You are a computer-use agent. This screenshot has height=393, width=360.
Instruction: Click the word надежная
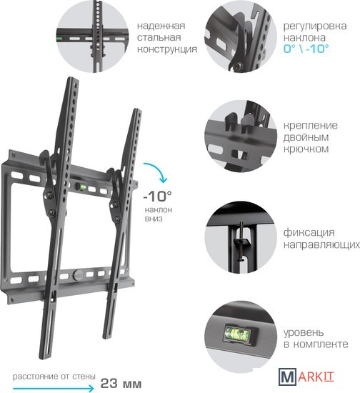pyautogui.click(x=161, y=26)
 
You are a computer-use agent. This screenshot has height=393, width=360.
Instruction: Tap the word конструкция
pyautogui.click(x=167, y=49)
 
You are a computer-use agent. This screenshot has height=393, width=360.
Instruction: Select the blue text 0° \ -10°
pyautogui.click(x=306, y=49)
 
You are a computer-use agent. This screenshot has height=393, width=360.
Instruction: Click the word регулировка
pyautogui.click(x=315, y=26)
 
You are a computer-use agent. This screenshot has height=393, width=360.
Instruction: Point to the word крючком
pyautogui.click(x=306, y=149)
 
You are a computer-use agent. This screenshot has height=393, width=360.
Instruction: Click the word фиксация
pyautogui.click(x=309, y=233)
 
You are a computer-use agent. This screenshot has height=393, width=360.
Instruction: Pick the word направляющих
pyautogui.click(x=321, y=244)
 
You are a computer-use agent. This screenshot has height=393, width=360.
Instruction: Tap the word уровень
pyautogui.click(x=304, y=333)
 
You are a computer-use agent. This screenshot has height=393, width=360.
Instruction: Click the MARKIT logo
pyautogui.click(x=306, y=377)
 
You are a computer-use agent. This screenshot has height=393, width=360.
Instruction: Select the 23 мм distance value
pyautogui.click(x=121, y=383)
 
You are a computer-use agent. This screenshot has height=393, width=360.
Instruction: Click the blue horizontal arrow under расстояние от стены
pyautogui.click(x=54, y=389)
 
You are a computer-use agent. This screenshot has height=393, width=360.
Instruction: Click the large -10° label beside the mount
pyautogui.click(x=157, y=196)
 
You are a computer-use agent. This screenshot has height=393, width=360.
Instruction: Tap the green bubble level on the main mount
pyautogui.click(x=81, y=186)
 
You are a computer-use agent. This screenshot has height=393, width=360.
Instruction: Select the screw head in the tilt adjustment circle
pyautogui.click(x=237, y=66)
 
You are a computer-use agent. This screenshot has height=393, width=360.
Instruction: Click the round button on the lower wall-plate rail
pyautogui.click(x=78, y=274)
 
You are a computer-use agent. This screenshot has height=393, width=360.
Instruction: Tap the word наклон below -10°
pyautogui.click(x=159, y=210)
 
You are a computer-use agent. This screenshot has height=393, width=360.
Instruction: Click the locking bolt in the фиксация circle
pyautogui.click(x=241, y=241)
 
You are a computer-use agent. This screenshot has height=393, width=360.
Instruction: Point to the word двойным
pyautogui.click(x=306, y=137)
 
